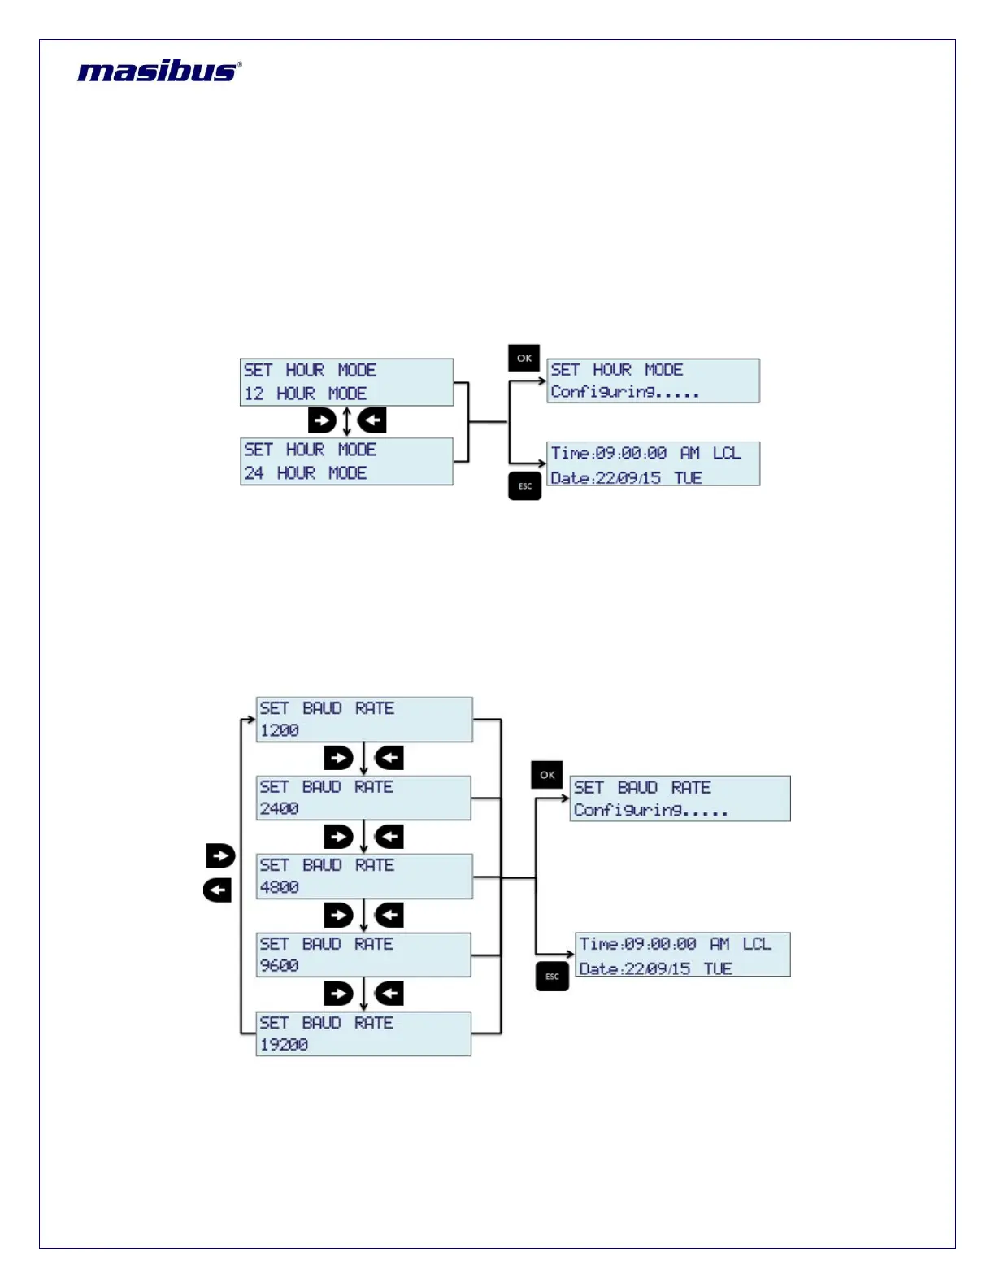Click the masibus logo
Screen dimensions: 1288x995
click(x=159, y=72)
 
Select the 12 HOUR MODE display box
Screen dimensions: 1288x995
click(x=346, y=382)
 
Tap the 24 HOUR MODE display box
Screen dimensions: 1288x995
click(x=346, y=461)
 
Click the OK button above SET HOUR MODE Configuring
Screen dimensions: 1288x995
click(x=524, y=358)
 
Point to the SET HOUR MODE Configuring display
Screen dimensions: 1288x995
click(x=653, y=381)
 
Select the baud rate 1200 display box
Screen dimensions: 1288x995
click(x=364, y=720)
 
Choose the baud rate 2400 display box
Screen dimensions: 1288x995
click(x=363, y=798)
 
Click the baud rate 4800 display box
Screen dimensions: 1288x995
click(x=364, y=877)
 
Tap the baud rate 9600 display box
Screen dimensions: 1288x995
click(x=363, y=955)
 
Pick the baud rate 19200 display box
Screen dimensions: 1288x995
click(x=363, y=1033)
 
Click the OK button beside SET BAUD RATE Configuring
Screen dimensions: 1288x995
click(x=547, y=775)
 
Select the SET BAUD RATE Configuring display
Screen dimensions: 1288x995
click(x=680, y=798)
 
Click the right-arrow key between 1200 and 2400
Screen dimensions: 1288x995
click(x=338, y=758)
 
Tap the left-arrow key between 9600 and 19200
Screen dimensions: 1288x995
click(x=389, y=994)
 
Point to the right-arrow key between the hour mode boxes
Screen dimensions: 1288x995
click(x=322, y=420)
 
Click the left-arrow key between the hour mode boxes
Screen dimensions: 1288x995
click(x=372, y=420)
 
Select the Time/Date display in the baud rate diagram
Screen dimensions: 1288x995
click(x=683, y=955)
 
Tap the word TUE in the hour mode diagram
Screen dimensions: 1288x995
click(x=688, y=478)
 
